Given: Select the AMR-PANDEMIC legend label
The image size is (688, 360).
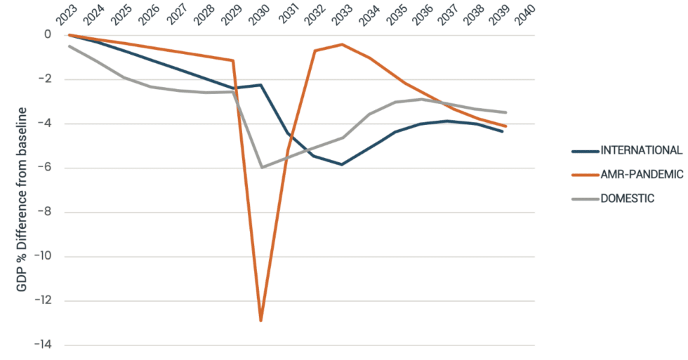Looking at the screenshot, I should click(641, 174).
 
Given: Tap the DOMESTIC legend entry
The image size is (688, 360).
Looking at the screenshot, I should click(627, 199).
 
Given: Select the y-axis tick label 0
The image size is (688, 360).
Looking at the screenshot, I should click(48, 35).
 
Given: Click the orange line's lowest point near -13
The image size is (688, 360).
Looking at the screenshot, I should click(261, 321).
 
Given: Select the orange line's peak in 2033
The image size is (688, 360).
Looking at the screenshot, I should click(342, 44).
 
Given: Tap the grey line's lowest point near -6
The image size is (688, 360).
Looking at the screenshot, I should click(261, 168).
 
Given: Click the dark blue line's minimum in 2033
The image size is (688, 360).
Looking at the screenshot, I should click(342, 164).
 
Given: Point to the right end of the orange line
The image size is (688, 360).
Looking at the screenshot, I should click(505, 126).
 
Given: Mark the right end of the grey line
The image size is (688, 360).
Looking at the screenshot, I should click(505, 112).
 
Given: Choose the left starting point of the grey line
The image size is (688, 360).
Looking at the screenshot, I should click(69, 46).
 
